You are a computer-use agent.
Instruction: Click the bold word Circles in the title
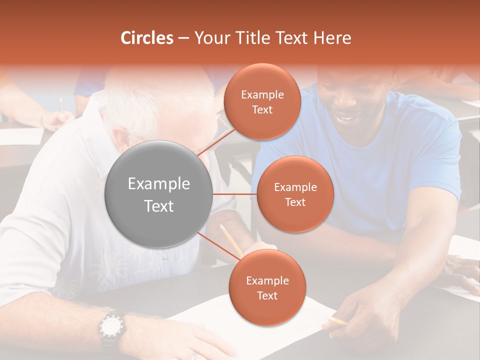147,38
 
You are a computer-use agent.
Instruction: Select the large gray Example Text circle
159,194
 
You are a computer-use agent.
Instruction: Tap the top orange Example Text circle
262,101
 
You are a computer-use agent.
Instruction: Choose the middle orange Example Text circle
295,194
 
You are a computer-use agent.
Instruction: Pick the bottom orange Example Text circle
267,287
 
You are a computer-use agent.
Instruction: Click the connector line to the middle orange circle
235,194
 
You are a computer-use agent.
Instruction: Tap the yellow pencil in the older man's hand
230,240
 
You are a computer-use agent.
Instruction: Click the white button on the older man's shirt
164,258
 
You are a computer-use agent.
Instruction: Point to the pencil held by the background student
61,104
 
